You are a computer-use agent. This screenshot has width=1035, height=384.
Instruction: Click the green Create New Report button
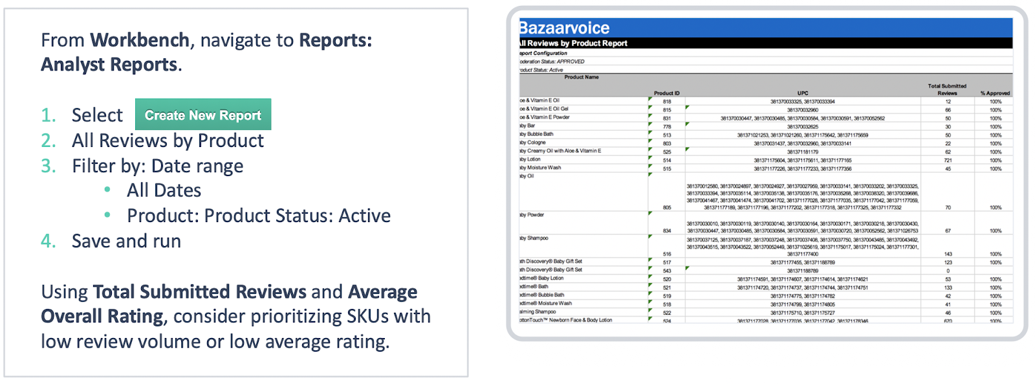pos(202,115)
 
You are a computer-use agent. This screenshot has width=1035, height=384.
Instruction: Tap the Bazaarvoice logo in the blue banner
pos(565,28)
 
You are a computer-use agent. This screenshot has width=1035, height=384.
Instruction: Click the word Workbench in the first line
pos(139,40)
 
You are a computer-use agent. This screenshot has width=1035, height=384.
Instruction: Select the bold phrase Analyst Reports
pos(109,65)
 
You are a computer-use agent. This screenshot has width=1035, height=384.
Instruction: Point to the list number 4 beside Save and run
pos(48,241)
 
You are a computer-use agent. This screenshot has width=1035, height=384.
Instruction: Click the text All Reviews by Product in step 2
pos(168,141)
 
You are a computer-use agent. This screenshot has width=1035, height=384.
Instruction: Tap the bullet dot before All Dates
pos(107,190)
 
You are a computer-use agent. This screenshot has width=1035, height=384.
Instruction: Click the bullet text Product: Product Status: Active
pos(259,216)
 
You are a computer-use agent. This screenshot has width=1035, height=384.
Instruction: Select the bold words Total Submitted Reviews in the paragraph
pos(199,291)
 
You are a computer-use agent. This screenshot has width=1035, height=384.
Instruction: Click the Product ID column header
pos(666,93)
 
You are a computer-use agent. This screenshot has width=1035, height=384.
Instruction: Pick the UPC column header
pos(802,93)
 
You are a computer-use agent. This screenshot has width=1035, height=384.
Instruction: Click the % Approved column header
pos(995,93)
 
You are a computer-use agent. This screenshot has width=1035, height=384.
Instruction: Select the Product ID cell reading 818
pos(667,102)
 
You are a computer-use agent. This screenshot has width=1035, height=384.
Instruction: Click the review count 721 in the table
pos(948,160)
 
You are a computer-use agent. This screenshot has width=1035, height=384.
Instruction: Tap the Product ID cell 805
pos(667,208)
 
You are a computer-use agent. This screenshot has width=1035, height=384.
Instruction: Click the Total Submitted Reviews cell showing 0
pos(948,271)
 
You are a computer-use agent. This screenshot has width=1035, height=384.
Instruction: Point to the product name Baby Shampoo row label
pos(534,238)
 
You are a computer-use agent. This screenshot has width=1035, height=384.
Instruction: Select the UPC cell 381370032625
pos(802,127)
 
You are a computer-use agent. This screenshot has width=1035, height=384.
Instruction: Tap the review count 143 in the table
pos(948,254)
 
